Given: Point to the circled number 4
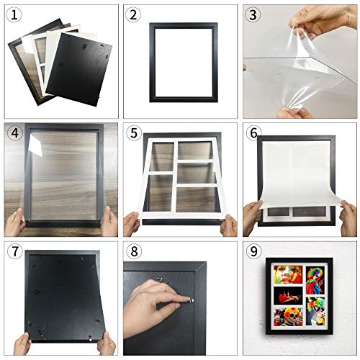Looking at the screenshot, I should click(x=14, y=134).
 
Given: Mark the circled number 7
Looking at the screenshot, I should click(x=14, y=252).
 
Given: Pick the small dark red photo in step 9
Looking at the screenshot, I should click(x=289, y=295).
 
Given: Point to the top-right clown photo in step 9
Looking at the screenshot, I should click(x=315, y=280).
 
